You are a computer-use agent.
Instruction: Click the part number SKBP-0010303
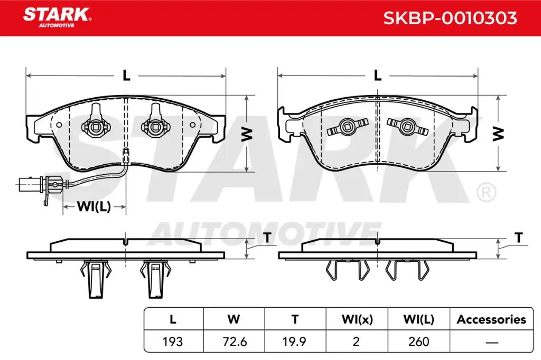tap(450, 18)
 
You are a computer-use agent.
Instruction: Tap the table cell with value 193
tap(173, 342)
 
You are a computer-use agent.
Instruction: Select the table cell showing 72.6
tap(234, 342)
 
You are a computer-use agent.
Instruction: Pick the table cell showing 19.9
tap(295, 342)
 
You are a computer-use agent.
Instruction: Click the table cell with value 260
tap(417, 342)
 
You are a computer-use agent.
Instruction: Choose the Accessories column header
tap(491, 319)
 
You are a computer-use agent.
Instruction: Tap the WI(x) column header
tap(356, 319)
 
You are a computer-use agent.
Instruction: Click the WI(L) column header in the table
tap(417, 319)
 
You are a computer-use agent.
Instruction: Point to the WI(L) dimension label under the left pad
tap(94, 207)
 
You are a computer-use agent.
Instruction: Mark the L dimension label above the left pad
tap(126, 75)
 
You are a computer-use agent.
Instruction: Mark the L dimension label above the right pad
tap(377, 75)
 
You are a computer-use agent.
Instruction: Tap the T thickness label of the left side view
tap(268, 238)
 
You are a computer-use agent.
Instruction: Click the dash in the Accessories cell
tap(491, 342)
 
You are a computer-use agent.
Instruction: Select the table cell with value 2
tap(356, 342)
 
